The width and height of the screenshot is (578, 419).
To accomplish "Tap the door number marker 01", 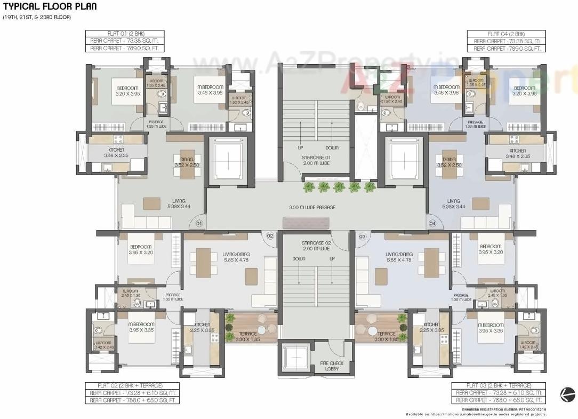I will (x=199, y=223).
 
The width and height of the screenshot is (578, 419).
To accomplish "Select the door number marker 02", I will (x=270, y=235).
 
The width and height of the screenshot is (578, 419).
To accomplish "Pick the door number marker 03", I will (x=363, y=235).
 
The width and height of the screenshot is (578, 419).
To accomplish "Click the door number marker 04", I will (x=432, y=223).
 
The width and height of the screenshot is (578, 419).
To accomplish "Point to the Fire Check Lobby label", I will (x=333, y=366).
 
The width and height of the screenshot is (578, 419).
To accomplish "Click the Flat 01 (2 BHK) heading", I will (x=125, y=34).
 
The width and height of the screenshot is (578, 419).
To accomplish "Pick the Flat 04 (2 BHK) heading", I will (x=507, y=34).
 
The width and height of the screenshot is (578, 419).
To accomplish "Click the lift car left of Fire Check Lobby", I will (x=293, y=359).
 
